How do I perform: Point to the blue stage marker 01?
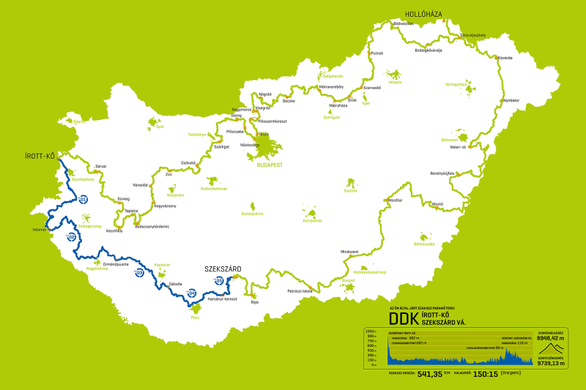[x=84, y=199]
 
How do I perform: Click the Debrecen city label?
[x=449, y=140]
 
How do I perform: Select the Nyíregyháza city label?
[x=456, y=84]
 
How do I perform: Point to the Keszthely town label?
[x=115, y=230]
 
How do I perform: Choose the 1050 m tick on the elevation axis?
[x=371, y=331]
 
